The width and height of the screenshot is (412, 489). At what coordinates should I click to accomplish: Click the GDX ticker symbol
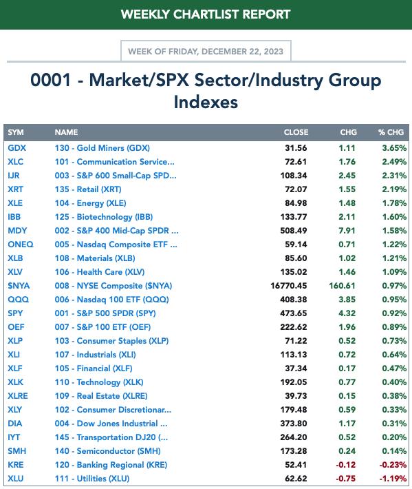[17, 148]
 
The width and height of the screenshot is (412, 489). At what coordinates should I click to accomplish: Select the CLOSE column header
[296, 132]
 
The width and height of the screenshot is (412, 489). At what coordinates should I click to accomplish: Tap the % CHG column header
[391, 132]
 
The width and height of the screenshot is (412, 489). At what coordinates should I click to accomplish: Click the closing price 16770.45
[289, 286]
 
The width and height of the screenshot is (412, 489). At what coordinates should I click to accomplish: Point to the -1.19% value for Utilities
[393, 479]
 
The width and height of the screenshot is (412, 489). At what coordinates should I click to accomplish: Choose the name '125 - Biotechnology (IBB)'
[104, 217]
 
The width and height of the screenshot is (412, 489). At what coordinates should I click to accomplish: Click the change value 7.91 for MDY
[347, 231]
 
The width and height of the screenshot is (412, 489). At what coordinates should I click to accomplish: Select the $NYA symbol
[19, 286]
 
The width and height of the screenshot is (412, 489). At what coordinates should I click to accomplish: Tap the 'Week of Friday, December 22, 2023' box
[206, 51]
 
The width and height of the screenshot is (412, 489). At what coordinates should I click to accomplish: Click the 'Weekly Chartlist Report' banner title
[206, 14]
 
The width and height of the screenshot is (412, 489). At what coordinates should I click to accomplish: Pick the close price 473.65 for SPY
[293, 313]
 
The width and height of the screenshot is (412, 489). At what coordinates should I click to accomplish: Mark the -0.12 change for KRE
[346, 465]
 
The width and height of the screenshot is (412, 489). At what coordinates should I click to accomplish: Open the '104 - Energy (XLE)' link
[90, 203]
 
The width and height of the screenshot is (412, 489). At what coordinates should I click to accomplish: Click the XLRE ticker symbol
[18, 396]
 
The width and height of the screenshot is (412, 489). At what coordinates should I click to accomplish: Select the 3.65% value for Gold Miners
[394, 148]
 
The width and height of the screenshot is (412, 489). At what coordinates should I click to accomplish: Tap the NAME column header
[66, 132]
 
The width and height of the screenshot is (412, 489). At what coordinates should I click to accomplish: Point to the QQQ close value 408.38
[293, 300]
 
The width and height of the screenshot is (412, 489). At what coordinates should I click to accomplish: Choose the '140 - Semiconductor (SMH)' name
[108, 451]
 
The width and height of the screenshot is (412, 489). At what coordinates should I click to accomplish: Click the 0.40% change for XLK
[394, 382]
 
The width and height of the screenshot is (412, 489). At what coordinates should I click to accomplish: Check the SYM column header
[16, 132]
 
